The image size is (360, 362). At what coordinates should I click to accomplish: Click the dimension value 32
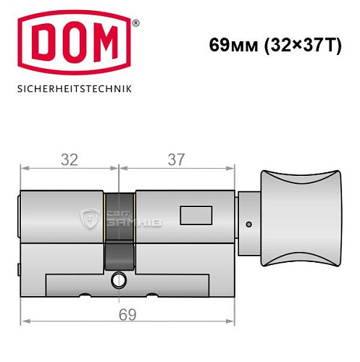click(x=69, y=160)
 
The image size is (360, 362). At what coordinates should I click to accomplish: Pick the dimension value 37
click(x=176, y=160)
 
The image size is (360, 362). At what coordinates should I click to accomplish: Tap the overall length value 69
click(x=127, y=313)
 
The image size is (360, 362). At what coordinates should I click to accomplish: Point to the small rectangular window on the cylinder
click(x=192, y=216)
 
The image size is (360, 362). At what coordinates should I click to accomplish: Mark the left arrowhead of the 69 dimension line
click(x=24, y=322)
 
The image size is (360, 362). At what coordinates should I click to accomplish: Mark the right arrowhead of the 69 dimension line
click(x=233, y=322)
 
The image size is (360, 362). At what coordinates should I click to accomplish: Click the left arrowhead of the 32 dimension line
click(x=24, y=169)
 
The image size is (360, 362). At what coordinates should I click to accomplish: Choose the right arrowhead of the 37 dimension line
click(x=233, y=169)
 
